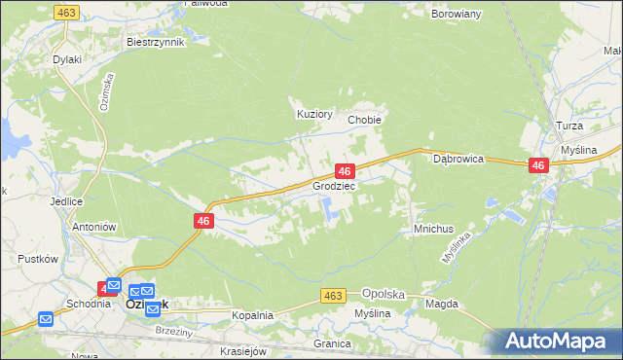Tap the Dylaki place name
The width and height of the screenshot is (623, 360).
pos(67,59)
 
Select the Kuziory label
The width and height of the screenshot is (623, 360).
pos(314,114)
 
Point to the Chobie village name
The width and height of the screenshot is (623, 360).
pos(364,120)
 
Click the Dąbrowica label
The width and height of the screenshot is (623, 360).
pos(458,158)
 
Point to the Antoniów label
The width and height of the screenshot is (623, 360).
pos(94,227)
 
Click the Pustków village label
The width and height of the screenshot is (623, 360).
pos(40,260)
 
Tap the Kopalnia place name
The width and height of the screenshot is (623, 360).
pos(252,316)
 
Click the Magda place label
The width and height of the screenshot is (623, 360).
pos(441,304)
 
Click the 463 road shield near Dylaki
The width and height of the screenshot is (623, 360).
pos(66,12)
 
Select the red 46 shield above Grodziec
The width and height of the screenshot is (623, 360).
pos(343,170)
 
